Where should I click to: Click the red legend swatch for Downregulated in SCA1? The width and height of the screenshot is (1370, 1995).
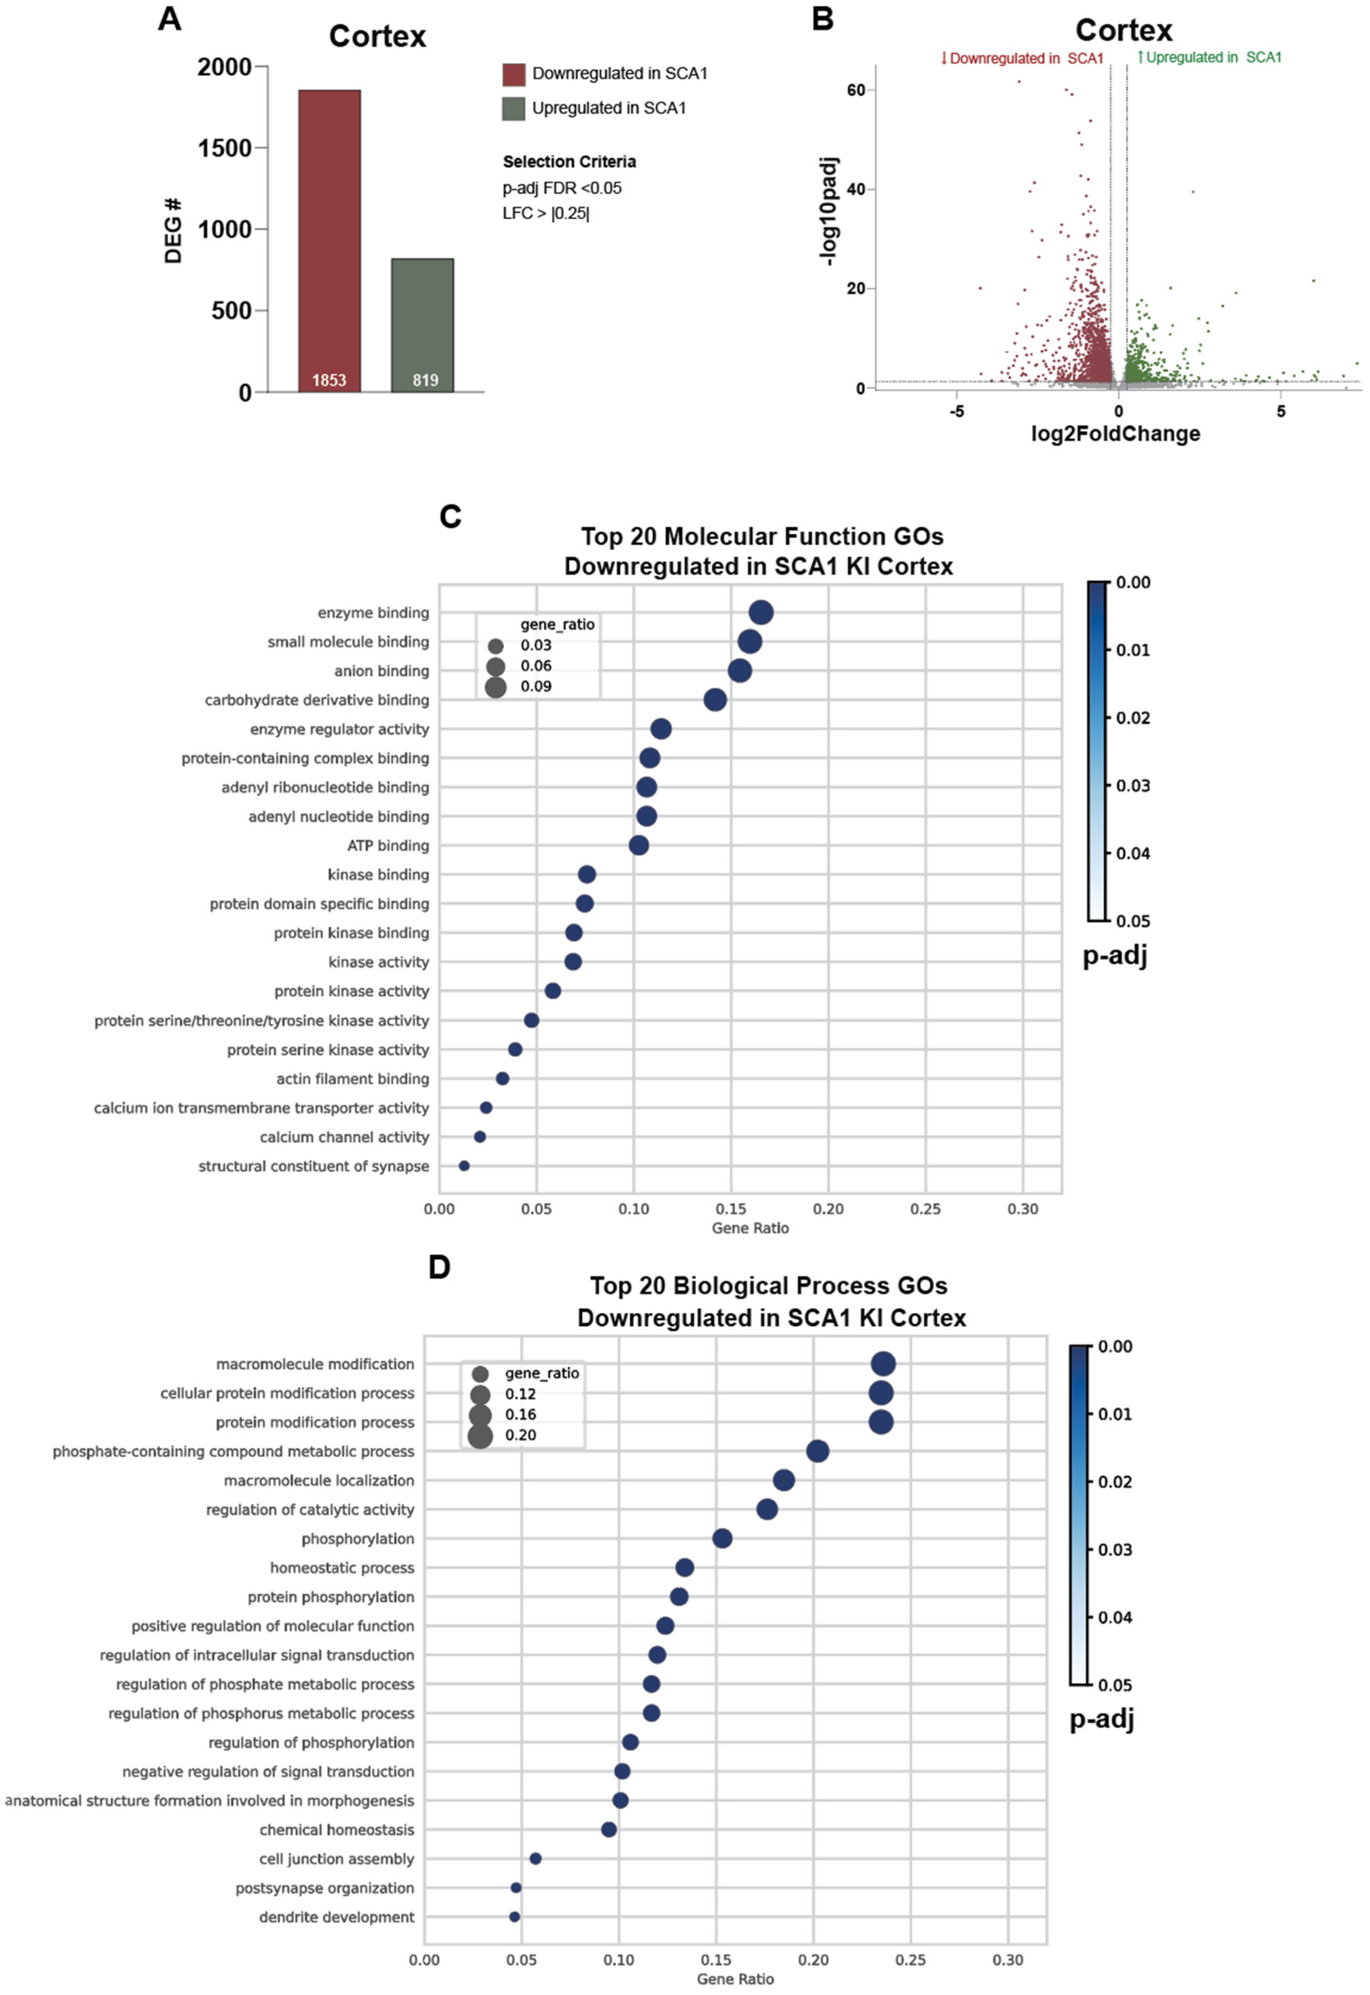tap(513, 74)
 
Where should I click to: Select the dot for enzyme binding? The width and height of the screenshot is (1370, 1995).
tap(761, 612)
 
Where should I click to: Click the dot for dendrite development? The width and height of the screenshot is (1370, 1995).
tap(514, 1917)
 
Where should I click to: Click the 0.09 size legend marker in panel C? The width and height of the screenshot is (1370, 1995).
tap(495, 686)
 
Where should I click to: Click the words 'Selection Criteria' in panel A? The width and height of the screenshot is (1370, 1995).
tap(569, 161)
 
